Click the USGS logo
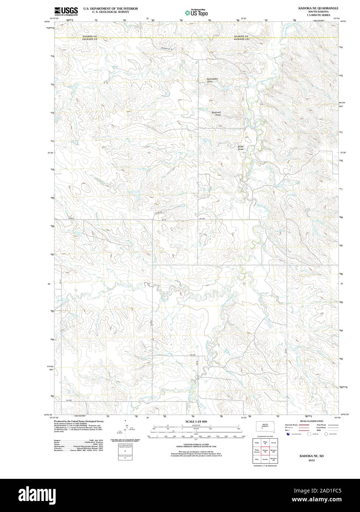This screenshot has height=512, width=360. click(x=66, y=11)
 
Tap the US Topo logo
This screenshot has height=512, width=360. click(x=197, y=13)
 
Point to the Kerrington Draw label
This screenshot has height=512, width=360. click(x=212, y=80)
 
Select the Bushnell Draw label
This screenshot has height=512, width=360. click(x=216, y=114)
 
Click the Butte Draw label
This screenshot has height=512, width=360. click(x=241, y=148)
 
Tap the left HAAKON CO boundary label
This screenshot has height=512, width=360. click(x=90, y=36)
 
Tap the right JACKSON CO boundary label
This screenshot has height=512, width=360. click(x=241, y=39)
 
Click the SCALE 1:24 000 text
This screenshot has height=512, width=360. click(x=196, y=421)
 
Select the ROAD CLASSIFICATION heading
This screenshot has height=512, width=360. click(x=311, y=421)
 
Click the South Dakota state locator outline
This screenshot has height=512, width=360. click(x=265, y=427)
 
